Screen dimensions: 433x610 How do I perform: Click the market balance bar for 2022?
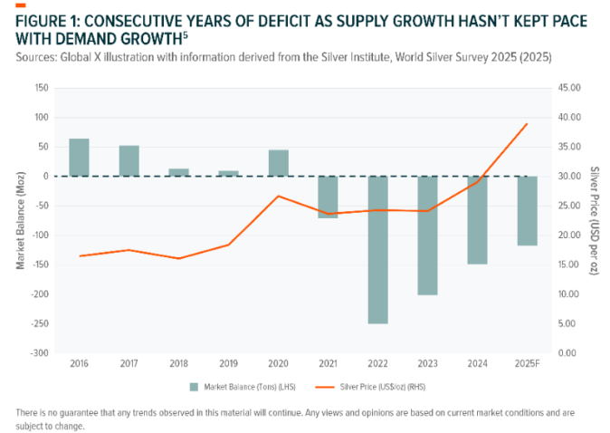coord(377,249)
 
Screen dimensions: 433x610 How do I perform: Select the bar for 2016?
coord(80,158)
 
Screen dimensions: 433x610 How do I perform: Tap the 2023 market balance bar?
coord(427,235)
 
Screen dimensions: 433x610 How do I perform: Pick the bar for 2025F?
coord(527,210)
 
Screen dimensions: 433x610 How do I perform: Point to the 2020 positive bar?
coord(278,163)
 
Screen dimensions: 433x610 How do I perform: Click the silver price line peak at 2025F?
coord(527,124)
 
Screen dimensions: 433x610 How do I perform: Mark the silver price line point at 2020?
coord(278,196)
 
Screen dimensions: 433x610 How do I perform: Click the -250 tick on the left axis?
coord(39,323)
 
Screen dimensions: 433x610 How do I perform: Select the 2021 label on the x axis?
coord(328,363)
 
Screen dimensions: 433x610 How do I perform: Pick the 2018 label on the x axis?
coord(178,363)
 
